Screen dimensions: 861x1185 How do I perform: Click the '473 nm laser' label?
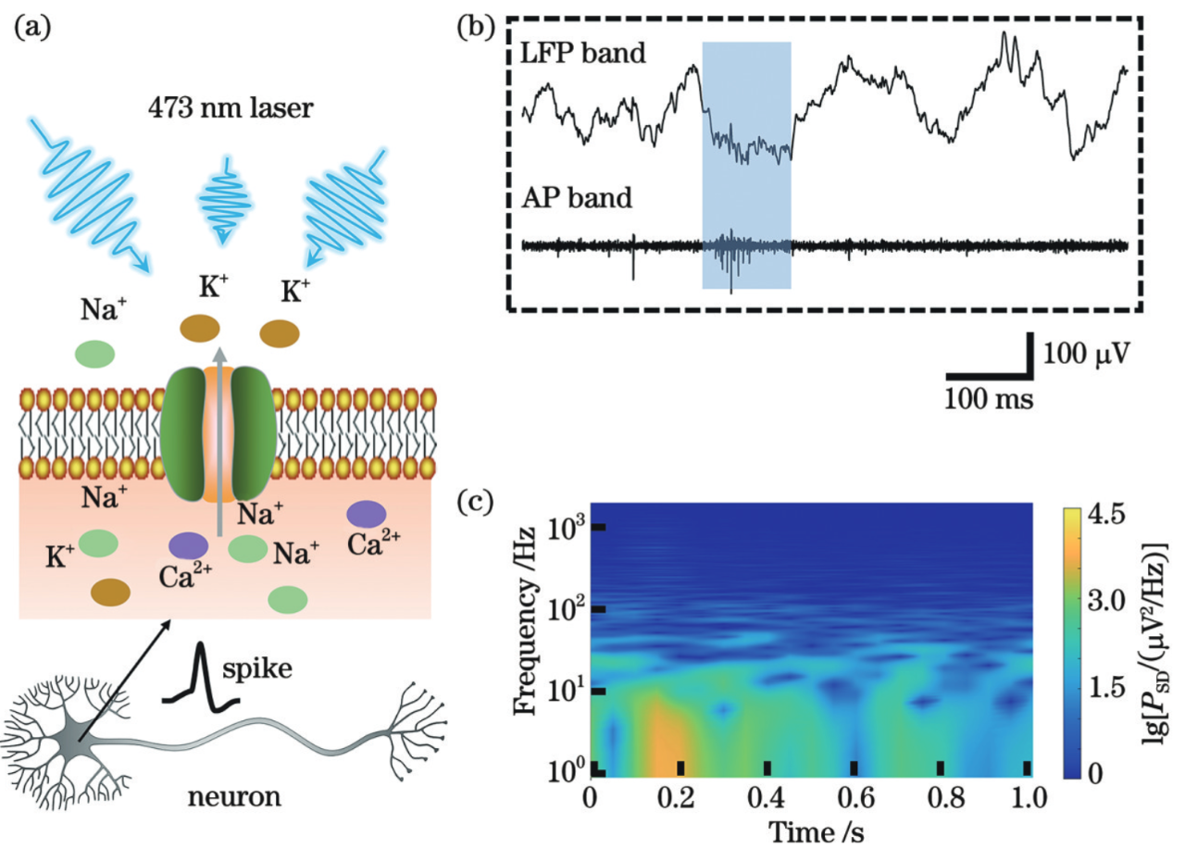coord(231,109)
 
